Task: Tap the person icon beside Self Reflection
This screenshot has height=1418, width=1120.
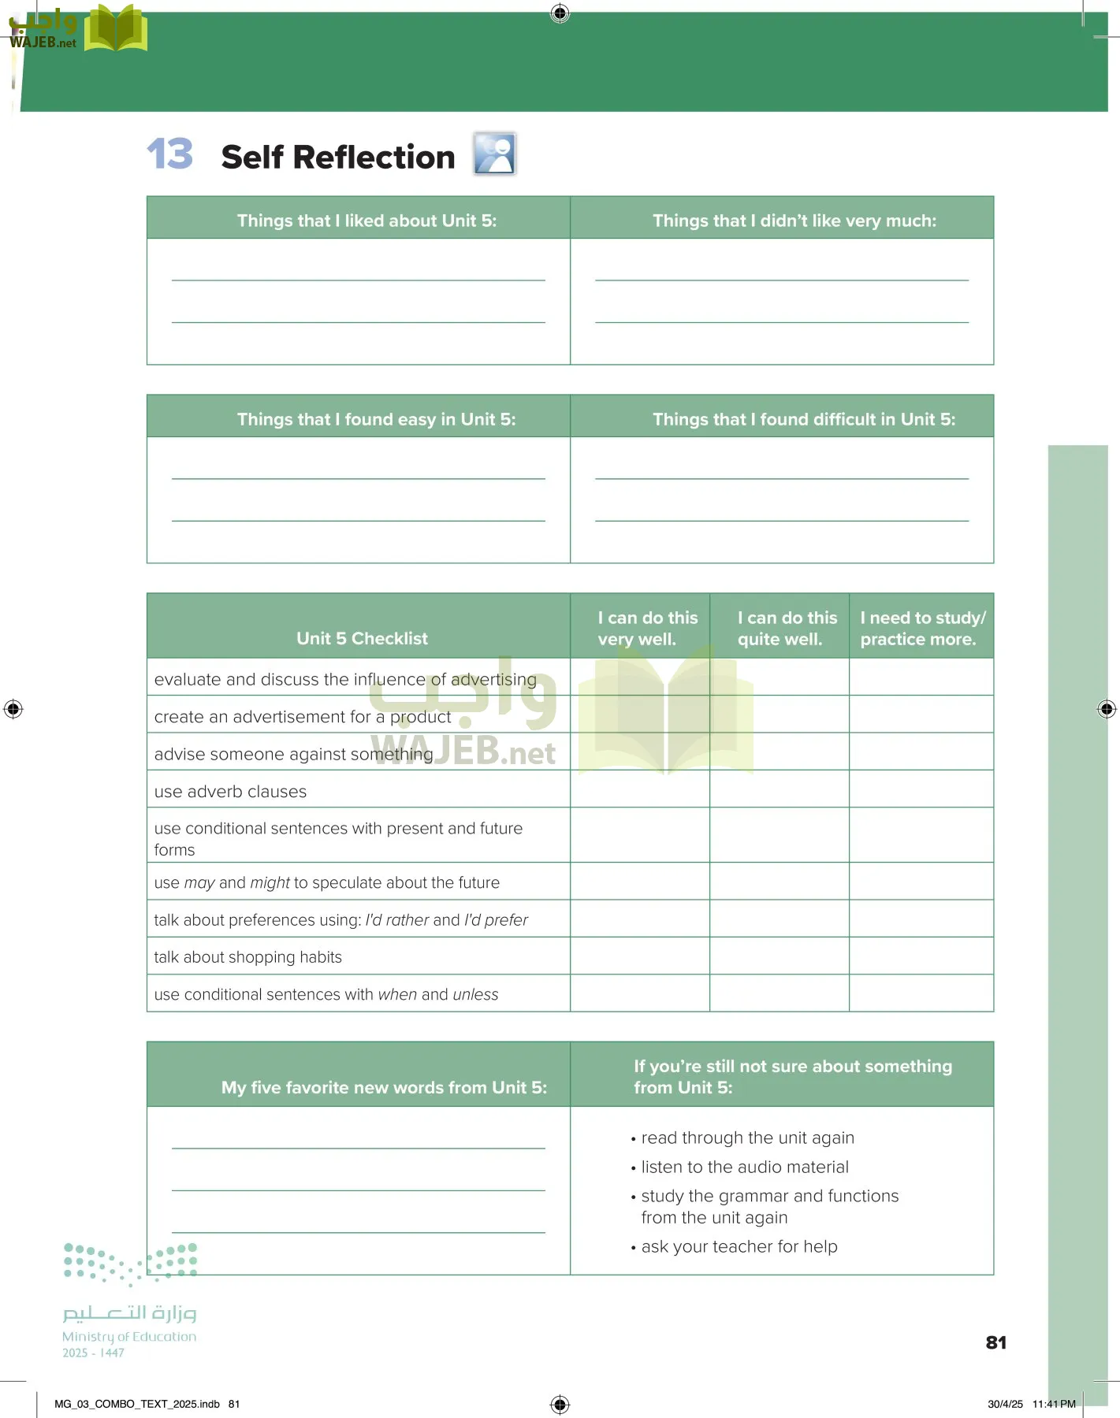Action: point(494,154)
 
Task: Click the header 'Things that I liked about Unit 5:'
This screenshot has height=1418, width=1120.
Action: point(367,221)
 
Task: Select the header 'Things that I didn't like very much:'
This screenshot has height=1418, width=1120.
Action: point(794,221)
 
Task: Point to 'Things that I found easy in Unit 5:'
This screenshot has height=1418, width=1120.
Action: point(376,419)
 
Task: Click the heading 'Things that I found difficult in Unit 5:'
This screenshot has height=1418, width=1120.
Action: point(803,419)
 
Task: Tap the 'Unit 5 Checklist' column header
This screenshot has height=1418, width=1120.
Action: point(362,638)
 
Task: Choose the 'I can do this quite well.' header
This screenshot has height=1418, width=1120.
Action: point(787,628)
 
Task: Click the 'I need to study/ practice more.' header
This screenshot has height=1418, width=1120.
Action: point(922,628)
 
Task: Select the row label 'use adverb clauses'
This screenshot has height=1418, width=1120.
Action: point(230,792)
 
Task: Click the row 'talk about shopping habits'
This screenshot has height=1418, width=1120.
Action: point(248,957)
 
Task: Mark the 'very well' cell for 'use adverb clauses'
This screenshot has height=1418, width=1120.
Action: point(639,789)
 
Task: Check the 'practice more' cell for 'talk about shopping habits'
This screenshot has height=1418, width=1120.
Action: point(921,956)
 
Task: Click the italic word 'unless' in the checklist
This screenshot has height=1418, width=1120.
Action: point(475,995)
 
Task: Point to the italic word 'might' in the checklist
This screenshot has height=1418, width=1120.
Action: point(270,883)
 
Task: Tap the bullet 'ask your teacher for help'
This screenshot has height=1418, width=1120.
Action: point(739,1246)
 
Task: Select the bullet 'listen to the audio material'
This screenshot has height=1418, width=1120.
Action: point(745,1167)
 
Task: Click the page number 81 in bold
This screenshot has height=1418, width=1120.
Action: point(996,1342)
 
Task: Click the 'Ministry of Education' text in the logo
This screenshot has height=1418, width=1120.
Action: point(129,1337)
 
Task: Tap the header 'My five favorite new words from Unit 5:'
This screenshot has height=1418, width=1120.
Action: point(384,1087)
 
